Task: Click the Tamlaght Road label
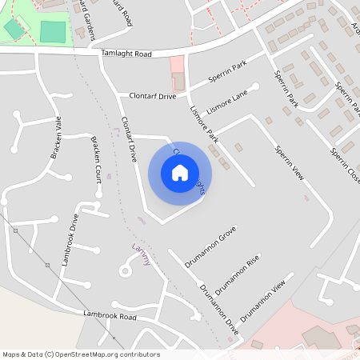(127, 54)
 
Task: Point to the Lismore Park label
(203, 126)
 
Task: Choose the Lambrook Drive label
(70, 239)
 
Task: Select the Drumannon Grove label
(210, 248)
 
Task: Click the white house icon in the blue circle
(180, 173)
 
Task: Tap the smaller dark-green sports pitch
(14, 30)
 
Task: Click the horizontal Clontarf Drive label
(153, 96)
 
